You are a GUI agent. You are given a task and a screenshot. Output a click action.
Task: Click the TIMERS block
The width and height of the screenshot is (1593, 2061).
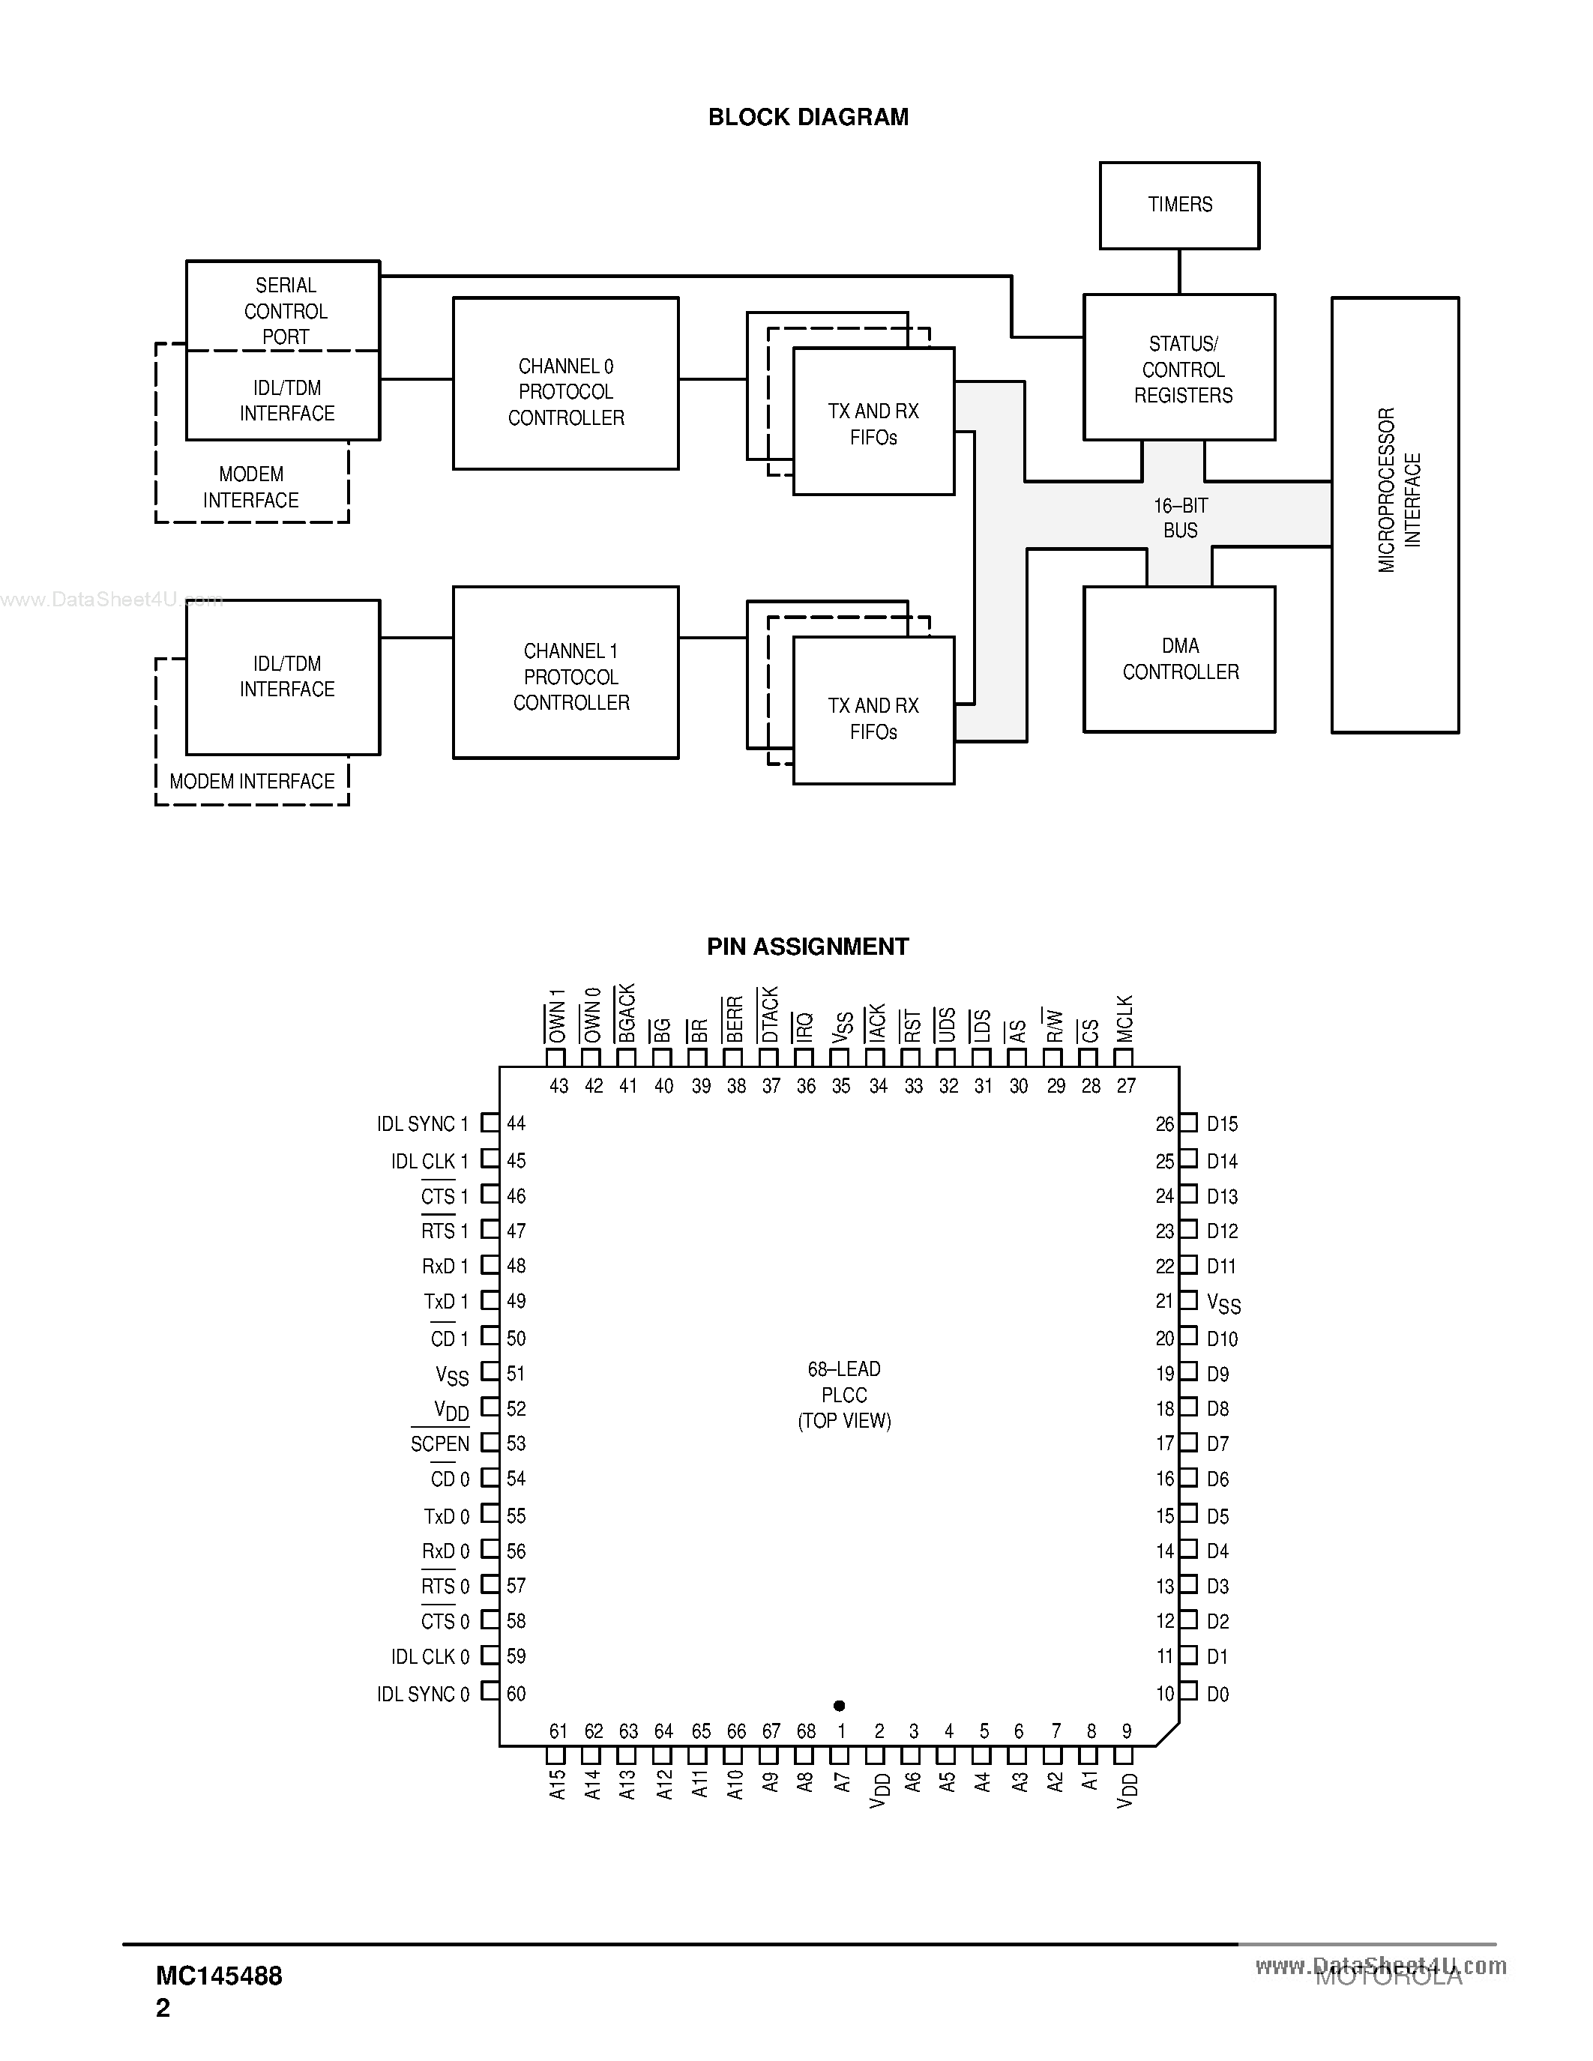click(1178, 205)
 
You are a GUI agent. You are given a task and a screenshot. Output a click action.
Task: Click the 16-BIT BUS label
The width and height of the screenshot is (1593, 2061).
click(1180, 518)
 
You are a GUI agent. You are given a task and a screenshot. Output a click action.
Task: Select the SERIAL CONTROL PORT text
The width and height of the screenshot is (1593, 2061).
click(285, 310)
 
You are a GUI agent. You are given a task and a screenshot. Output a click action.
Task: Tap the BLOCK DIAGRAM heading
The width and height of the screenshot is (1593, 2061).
click(808, 117)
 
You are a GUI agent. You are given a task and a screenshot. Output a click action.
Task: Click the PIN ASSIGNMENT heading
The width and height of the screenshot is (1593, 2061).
click(808, 947)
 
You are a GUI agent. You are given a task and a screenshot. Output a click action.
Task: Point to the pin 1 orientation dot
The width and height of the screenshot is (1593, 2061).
click(839, 1705)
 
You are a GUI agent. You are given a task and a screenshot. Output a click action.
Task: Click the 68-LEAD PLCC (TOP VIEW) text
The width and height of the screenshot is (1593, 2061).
click(843, 1394)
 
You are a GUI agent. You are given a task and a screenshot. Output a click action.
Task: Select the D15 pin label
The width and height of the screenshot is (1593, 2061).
click(1222, 1124)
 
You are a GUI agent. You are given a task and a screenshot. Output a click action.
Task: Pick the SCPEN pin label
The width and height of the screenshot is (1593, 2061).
click(440, 1444)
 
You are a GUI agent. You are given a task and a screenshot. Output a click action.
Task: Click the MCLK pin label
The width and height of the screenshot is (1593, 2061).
click(1125, 1019)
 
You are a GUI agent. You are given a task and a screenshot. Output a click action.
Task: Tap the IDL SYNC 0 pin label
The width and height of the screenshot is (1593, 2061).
click(423, 1694)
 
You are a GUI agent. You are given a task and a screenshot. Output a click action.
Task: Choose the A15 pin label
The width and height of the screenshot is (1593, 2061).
click(557, 1784)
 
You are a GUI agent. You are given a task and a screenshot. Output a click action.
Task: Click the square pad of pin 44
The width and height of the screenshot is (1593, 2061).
click(490, 1123)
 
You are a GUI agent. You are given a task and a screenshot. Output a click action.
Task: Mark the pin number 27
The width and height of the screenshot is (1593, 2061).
click(1126, 1086)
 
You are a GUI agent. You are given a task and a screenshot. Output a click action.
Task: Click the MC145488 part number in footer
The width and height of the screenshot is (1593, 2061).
click(219, 1975)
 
